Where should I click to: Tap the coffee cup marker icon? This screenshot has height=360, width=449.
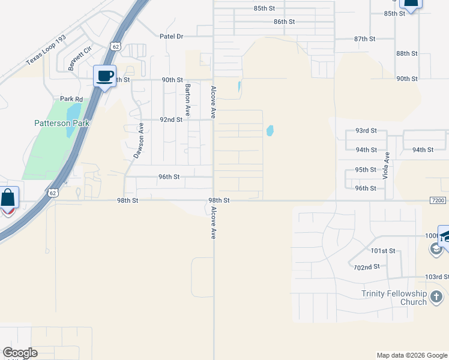[x=105, y=76]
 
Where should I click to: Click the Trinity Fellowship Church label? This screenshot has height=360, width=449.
[x=394, y=298]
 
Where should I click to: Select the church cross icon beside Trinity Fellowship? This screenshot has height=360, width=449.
[x=436, y=296]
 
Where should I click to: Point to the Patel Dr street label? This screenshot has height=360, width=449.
[x=171, y=36]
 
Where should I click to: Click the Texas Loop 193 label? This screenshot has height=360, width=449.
[x=46, y=50]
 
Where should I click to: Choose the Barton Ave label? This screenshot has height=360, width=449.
[x=187, y=99]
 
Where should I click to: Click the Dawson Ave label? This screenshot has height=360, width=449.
[x=139, y=140]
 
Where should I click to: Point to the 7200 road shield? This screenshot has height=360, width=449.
[x=439, y=200]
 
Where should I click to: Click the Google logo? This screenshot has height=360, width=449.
[x=20, y=353]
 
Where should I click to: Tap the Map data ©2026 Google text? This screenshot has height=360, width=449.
[x=411, y=355]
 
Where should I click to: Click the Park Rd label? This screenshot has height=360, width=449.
[x=71, y=99]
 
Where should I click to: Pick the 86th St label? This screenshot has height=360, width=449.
[x=284, y=22]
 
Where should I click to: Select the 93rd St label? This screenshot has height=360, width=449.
[x=366, y=130]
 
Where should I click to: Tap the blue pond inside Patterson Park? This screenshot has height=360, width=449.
[x=73, y=112]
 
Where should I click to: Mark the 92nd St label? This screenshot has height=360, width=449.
[x=171, y=119]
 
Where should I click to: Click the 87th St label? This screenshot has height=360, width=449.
[x=364, y=38]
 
